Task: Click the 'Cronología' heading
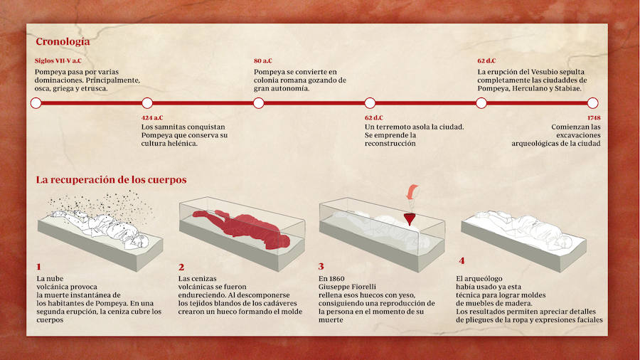(63, 42)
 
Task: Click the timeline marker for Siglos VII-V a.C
(36, 103)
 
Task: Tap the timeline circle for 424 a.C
(147, 103)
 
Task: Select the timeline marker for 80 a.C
(259, 103)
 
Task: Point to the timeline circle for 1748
(592, 103)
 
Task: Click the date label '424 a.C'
(152, 117)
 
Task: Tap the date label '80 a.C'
(263, 61)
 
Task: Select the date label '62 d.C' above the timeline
(486, 61)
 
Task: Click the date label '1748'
(594, 117)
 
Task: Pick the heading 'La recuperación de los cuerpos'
(111, 180)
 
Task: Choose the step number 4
(462, 261)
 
